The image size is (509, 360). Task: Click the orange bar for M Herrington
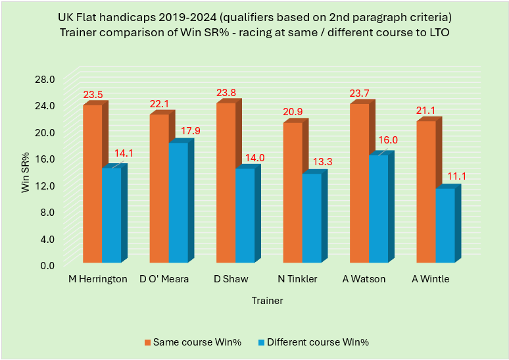pyautogui.click(x=92, y=184)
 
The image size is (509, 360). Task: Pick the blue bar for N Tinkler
pyautogui.click(x=312, y=218)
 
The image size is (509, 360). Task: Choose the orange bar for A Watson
pyautogui.click(x=359, y=184)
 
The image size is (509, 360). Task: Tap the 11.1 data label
pyautogui.click(x=456, y=176)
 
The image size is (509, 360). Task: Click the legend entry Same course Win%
pyautogui.click(x=191, y=342)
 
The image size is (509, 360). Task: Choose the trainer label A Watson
pyautogui.click(x=364, y=279)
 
